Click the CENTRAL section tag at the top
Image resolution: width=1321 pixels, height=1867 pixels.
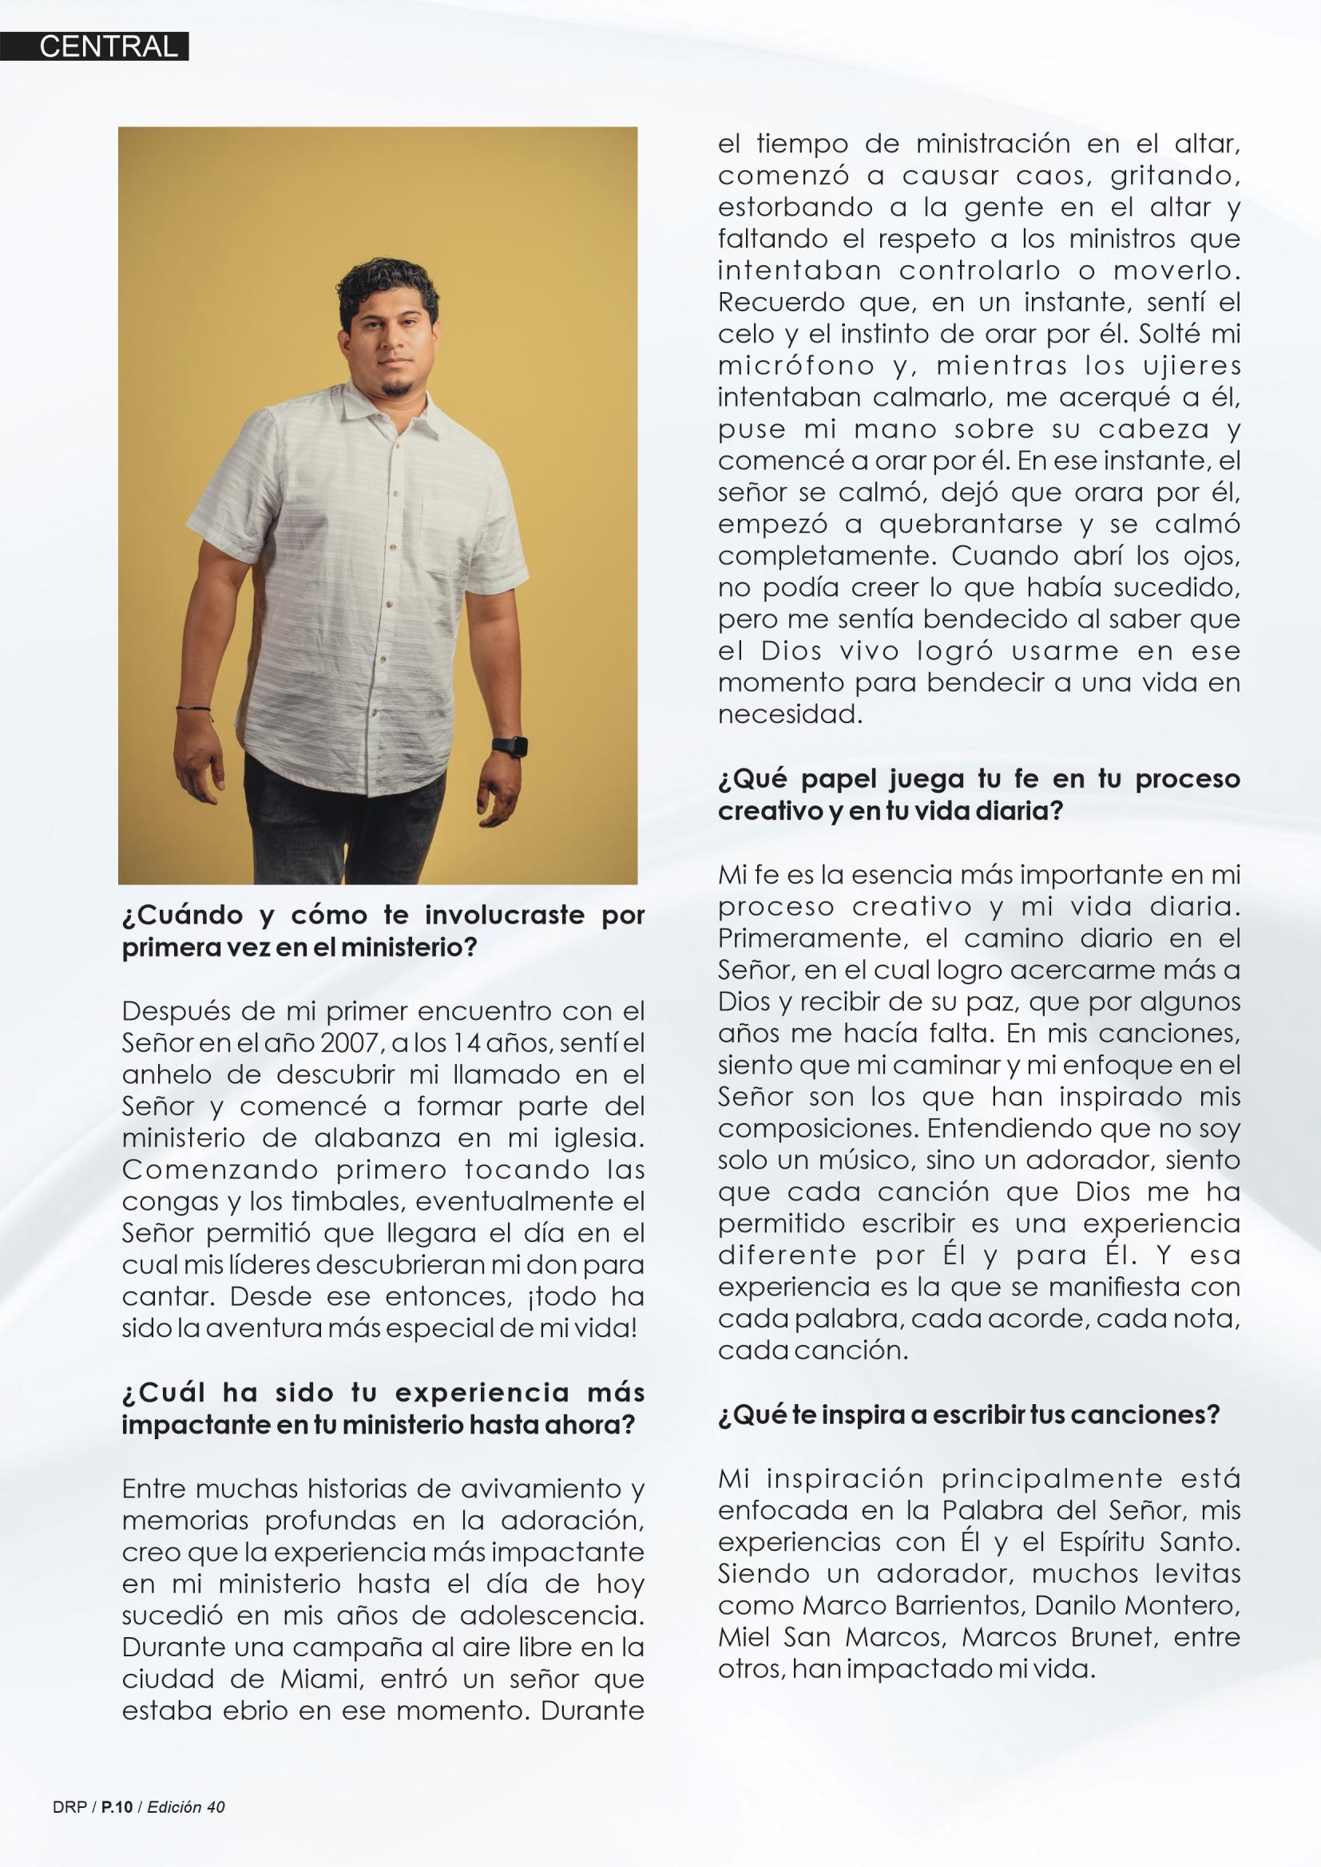click(x=108, y=46)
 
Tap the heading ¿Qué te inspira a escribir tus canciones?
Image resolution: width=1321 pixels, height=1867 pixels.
click(x=969, y=1416)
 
